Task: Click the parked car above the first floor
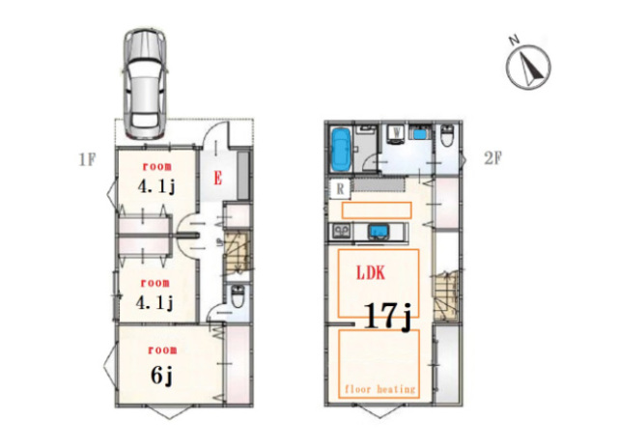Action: tap(145, 84)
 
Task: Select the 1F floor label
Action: tap(87, 159)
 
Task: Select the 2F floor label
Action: tap(492, 158)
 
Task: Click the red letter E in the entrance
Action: tap(217, 178)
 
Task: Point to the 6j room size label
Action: tap(161, 375)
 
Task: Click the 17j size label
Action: tap(388, 317)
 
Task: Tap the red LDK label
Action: tap(371, 272)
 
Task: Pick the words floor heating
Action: tap(379, 389)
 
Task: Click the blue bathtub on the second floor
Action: tap(341, 150)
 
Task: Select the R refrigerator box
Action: tap(340, 189)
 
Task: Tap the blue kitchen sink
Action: tap(379, 232)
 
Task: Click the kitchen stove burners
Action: tap(341, 231)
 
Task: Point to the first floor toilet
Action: tap(238, 296)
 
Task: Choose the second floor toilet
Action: tap(447, 135)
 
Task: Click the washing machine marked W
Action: tap(396, 134)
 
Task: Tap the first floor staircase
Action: tap(237, 251)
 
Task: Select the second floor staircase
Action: tap(446, 295)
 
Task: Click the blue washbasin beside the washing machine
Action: tap(421, 133)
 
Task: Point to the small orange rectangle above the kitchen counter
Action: tap(377, 210)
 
